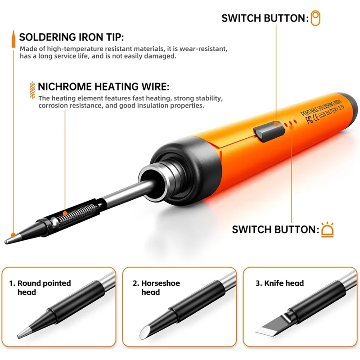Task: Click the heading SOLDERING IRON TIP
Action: tap(71, 37)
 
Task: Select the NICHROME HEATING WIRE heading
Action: tap(103, 86)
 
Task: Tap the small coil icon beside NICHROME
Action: tap(31, 86)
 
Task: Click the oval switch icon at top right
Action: tap(316, 18)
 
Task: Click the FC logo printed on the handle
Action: tap(309, 120)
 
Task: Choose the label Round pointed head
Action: tap(40, 288)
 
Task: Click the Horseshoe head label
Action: tap(156, 288)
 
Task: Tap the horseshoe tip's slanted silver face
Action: tap(144, 333)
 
